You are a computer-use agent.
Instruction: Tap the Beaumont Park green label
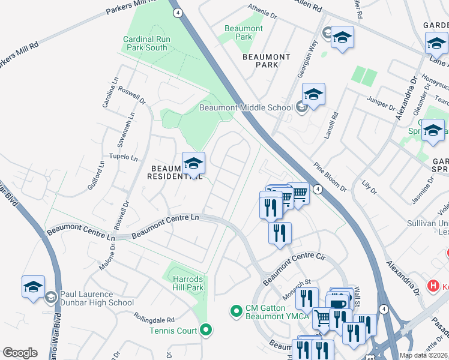[243, 32]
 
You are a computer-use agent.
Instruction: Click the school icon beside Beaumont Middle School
[301, 108]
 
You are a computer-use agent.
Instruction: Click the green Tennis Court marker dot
[206, 329]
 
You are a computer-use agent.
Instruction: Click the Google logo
[20, 352]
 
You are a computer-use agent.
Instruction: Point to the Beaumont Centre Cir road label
[294, 268]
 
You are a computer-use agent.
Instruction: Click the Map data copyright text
[424, 355]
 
